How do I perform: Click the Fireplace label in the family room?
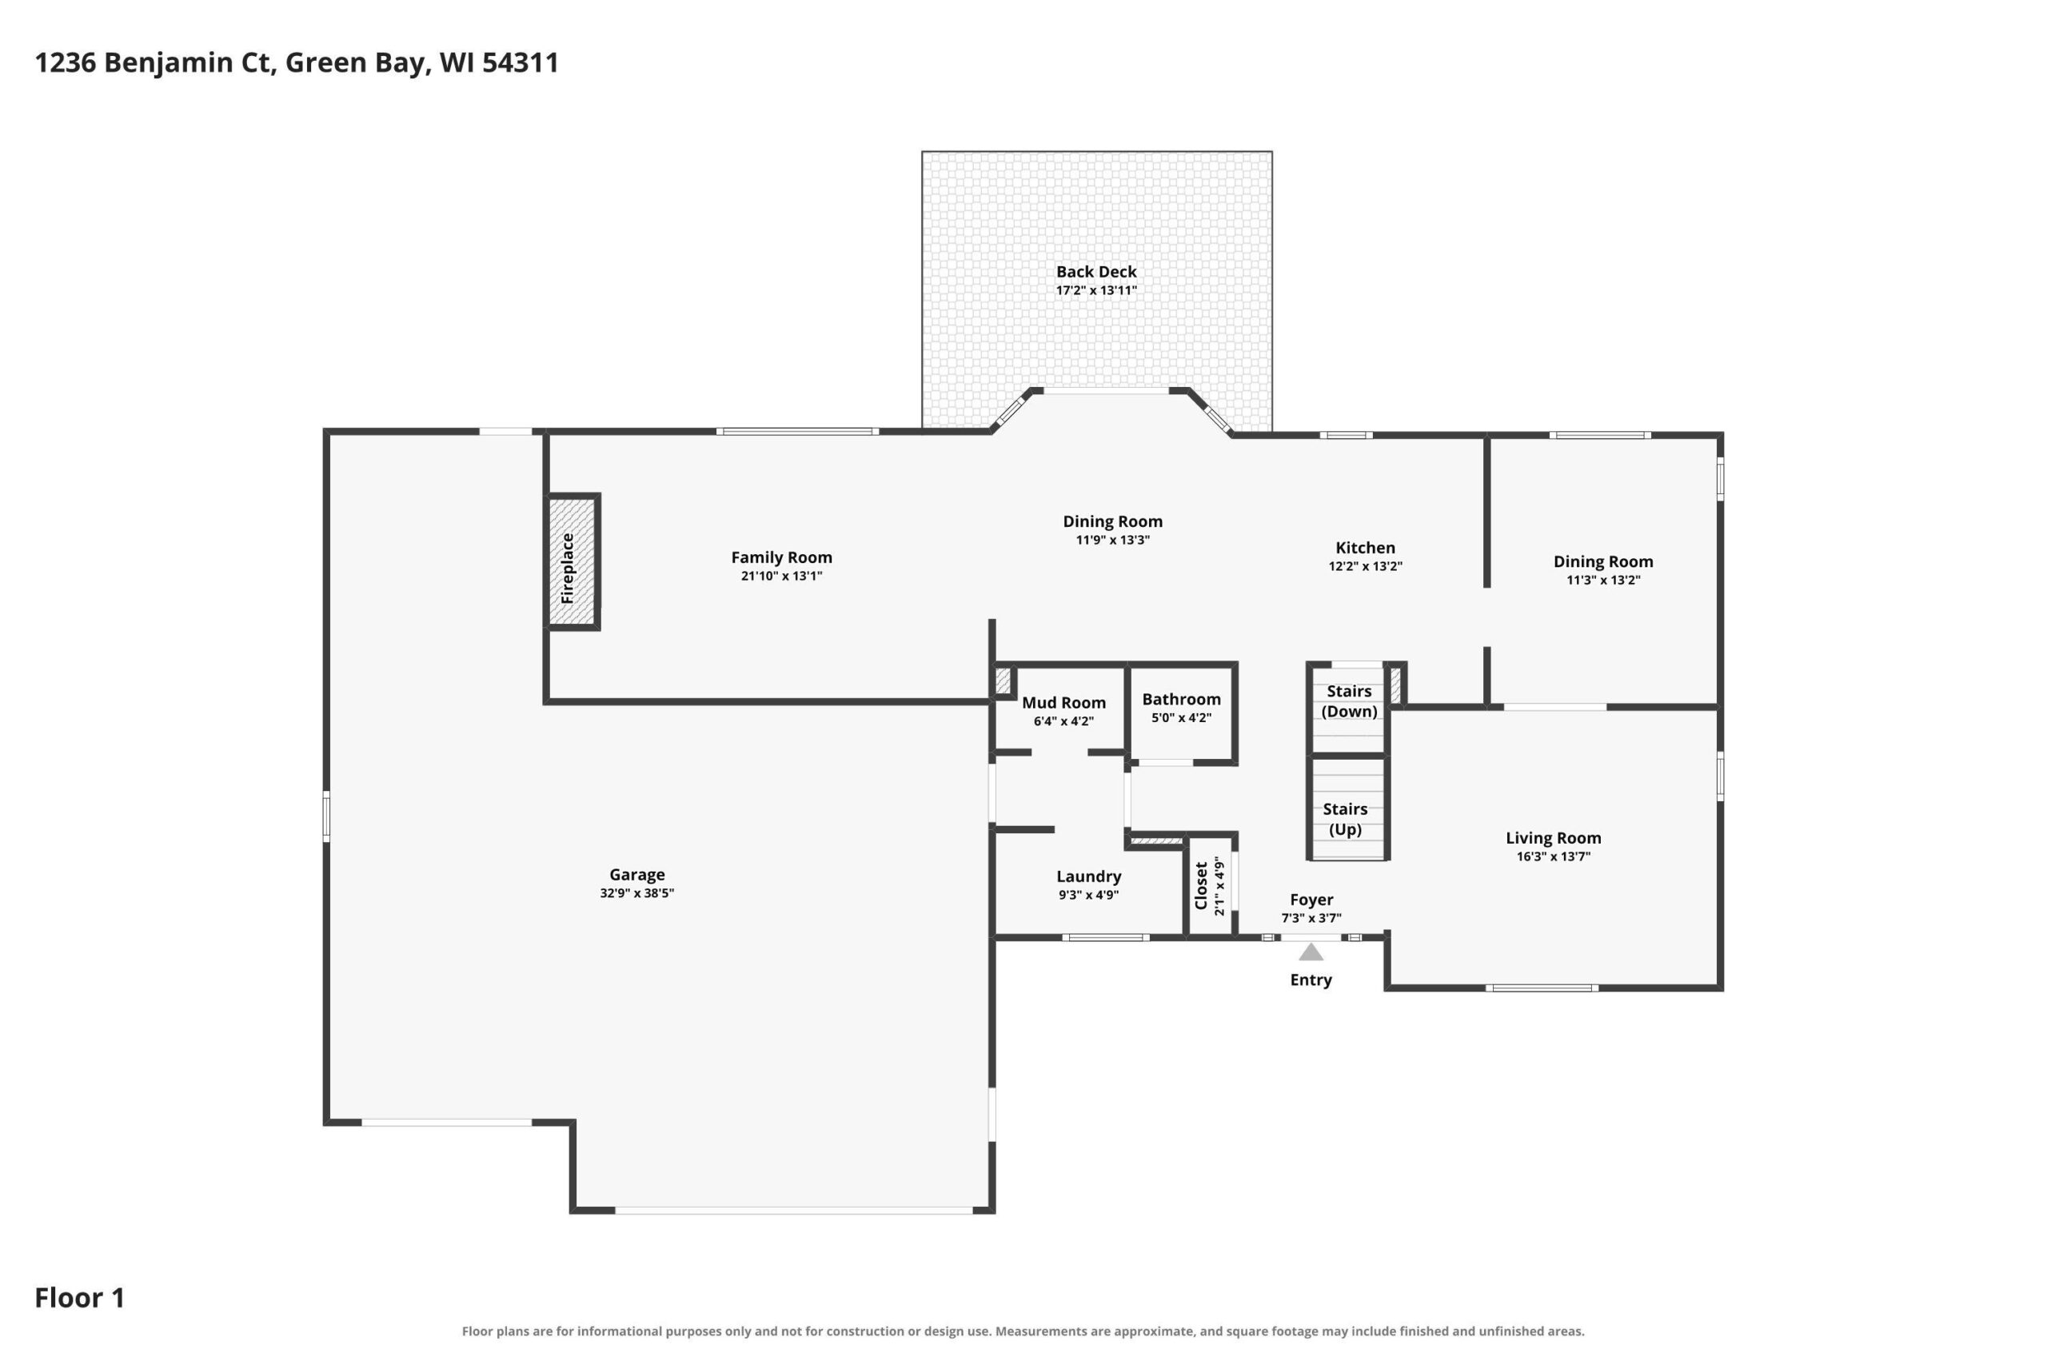pyautogui.click(x=568, y=569)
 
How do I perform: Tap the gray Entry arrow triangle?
pyautogui.click(x=1311, y=952)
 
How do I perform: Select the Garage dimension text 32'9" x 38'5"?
pyautogui.click(x=637, y=893)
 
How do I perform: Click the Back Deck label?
pyautogui.click(x=1096, y=272)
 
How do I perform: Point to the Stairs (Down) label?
pyautogui.click(x=1349, y=700)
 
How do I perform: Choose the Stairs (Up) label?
pyautogui.click(x=1346, y=819)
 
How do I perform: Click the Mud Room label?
pyautogui.click(x=1063, y=703)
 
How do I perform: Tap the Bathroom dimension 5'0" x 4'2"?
pyautogui.click(x=1181, y=718)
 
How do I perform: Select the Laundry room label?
pyautogui.click(x=1089, y=876)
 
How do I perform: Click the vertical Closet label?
pyautogui.click(x=1201, y=885)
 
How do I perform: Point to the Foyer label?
pyautogui.click(x=1311, y=900)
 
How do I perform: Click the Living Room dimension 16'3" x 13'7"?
pyautogui.click(x=1554, y=856)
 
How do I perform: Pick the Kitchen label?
pyautogui.click(x=1366, y=548)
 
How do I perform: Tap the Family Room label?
pyautogui.click(x=781, y=557)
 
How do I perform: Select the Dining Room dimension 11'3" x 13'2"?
pyautogui.click(x=1603, y=580)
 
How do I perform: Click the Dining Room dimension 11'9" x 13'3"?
pyautogui.click(x=1113, y=540)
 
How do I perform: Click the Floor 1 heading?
pyautogui.click(x=80, y=1298)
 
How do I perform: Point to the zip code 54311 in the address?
pyautogui.click(x=521, y=62)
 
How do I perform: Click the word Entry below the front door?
pyautogui.click(x=1311, y=980)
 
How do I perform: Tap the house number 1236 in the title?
pyautogui.click(x=66, y=62)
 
